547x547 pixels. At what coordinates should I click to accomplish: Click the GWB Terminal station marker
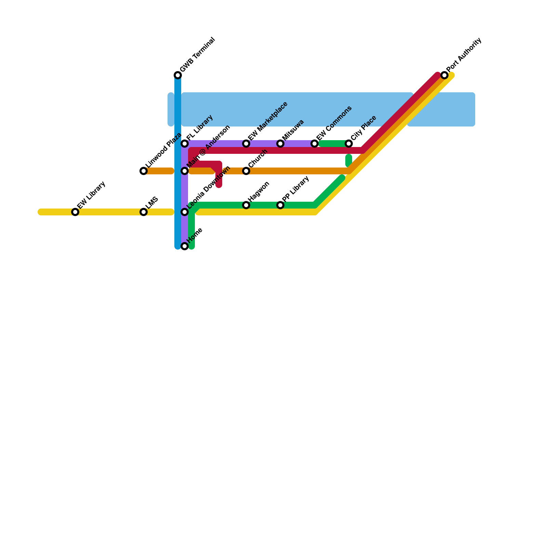click(x=178, y=75)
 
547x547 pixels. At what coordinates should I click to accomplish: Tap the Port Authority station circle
click(x=444, y=75)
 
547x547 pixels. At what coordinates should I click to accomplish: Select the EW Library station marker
click(x=75, y=212)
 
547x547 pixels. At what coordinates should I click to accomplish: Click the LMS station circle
click(x=144, y=212)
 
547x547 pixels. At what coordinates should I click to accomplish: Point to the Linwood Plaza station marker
click(x=144, y=171)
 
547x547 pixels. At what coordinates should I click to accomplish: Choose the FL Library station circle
click(x=185, y=144)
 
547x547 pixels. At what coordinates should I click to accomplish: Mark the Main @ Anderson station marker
click(x=185, y=171)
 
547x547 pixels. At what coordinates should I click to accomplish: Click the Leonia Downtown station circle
click(x=185, y=212)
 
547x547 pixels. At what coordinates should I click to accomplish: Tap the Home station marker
click(x=185, y=246)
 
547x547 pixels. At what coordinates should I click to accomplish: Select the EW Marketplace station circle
click(x=246, y=144)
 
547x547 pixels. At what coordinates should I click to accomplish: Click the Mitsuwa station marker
click(x=280, y=144)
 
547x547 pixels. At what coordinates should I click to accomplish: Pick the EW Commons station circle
click(x=315, y=144)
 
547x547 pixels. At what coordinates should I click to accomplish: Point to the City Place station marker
click(x=349, y=144)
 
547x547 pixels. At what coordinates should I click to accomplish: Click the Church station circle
click(x=246, y=171)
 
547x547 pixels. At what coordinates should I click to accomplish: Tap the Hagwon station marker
click(x=246, y=205)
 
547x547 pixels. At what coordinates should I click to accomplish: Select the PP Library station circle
click(x=280, y=205)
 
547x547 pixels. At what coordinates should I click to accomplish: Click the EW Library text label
click(x=91, y=195)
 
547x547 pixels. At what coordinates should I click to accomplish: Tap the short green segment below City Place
click(x=349, y=161)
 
